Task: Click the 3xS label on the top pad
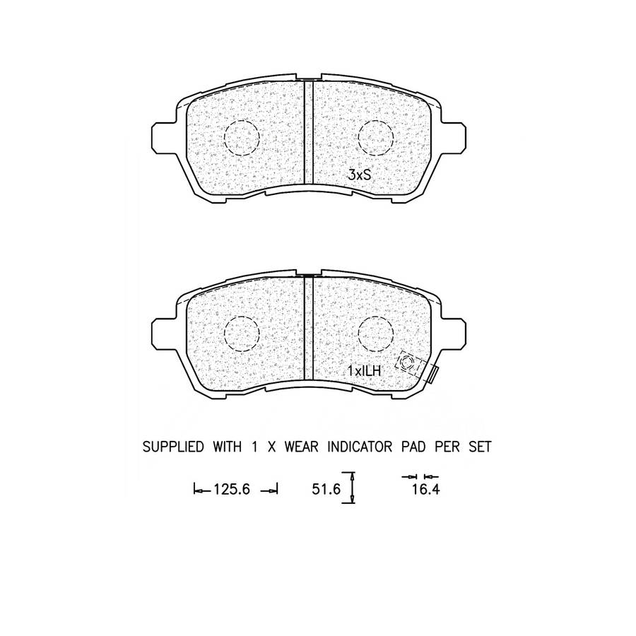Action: [x=360, y=175]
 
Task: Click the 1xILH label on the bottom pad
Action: [x=365, y=370]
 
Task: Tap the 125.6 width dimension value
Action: [x=232, y=490]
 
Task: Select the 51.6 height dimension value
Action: [x=326, y=489]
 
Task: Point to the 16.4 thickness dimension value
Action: [x=426, y=490]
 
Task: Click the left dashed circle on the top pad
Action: [x=242, y=120]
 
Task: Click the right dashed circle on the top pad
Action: [x=376, y=120]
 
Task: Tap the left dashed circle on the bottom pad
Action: [x=242, y=317]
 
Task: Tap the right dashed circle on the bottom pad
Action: [x=376, y=317]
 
